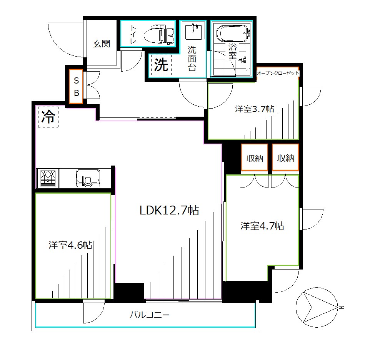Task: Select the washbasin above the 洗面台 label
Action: click(x=193, y=30)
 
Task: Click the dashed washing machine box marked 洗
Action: click(x=161, y=65)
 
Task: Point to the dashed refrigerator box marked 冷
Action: click(x=48, y=117)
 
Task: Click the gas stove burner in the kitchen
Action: click(x=48, y=178)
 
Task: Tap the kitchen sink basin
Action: click(x=88, y=178)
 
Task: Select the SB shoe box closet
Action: click(x=76, y=86)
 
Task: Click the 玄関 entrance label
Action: click(x=102, y=44)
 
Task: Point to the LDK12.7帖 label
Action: click(x=169, y=210)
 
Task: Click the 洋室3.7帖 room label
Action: click(x=255, y=109)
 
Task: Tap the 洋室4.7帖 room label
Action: click(x=262, y=226)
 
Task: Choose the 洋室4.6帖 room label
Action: click(x=70, y=245)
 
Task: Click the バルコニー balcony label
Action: click(x=150, y=315)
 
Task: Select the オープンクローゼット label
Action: click(x=278, y=73)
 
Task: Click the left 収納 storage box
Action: click(x=255, y=157)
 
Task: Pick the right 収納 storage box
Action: click(x=285, y=157)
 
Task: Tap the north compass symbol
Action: click(x=317, y=307)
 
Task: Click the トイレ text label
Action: click(x=133, y=34)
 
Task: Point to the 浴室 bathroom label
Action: click(x=232, y=51)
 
